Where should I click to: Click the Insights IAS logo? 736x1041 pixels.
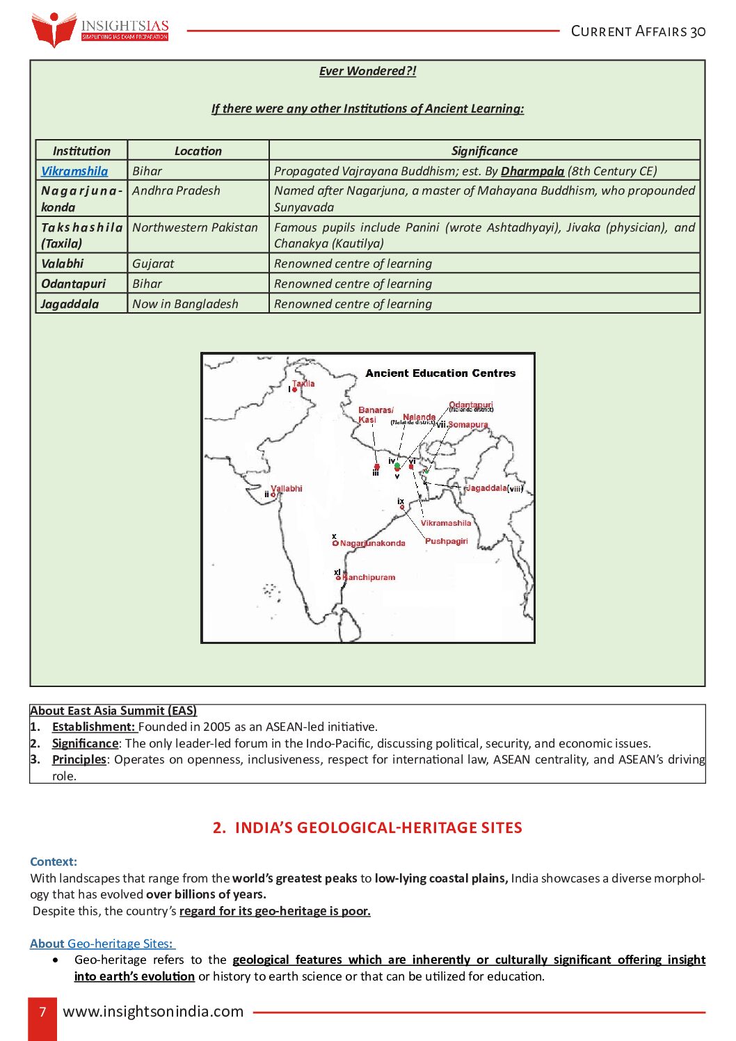coord(99,29)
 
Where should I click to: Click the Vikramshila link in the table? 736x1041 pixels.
coord(74,171)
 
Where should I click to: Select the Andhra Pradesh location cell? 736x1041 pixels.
coord(176,191)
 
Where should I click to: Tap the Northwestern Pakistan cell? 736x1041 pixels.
coord(195,227)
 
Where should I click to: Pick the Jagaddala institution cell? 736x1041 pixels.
coord(70,304)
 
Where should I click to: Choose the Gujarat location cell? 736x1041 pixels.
coord(153,264)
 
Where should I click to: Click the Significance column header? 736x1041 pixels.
coord(484,151)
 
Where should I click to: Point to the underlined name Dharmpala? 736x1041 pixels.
coord(532,171)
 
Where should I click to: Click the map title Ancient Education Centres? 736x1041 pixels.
coord(440,373)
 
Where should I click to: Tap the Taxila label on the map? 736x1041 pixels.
coord(303,383)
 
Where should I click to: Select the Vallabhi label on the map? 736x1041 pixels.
coord(287,488)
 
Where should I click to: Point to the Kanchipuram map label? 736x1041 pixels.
coord(369,577)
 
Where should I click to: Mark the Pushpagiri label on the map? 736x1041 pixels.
coord(446,541)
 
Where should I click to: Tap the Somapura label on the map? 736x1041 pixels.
coord(467,424)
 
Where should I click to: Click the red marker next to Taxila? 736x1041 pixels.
coord(295,390)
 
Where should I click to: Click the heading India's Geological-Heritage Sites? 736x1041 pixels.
coord(367,828)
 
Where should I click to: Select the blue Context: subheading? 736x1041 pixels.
coord(54,862)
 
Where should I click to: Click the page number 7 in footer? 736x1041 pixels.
coord(42,1012)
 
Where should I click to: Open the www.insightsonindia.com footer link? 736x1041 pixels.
coord(153,1012)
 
